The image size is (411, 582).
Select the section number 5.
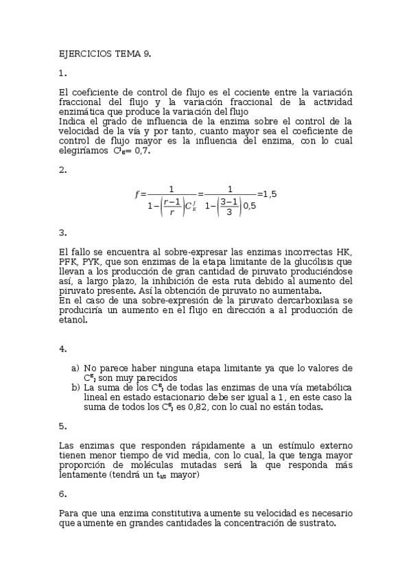tap(62, 426)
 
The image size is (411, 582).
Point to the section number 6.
tap(62, 493)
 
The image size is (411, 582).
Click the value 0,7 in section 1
tap(141, 152)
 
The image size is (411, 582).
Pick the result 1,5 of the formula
tap(268, 194)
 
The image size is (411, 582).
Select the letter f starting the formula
tap(137, 195)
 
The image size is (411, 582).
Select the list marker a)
tap(75, 368)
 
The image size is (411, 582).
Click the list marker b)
tap(75, 387)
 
